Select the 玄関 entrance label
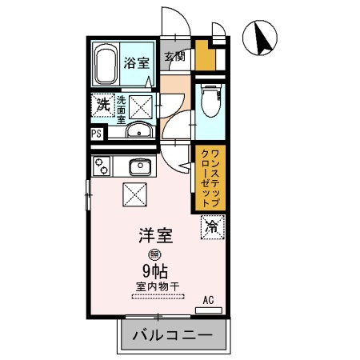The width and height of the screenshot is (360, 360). (x=175, y=56)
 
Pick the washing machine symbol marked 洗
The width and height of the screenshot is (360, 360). (x=103, y=104)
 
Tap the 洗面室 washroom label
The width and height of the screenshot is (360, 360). (x=122, y=109)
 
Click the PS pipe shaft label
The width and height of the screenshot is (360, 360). (x=96, y=134)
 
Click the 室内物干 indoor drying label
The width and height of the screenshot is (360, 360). (x=158, y=285)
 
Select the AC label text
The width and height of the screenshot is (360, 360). (x=208, y=300)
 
